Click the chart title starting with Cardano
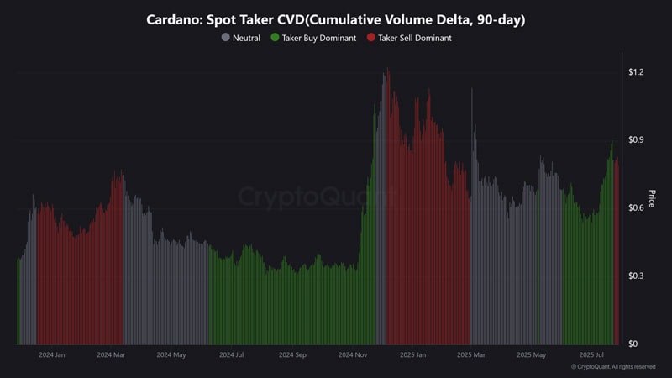[x=335, y=19]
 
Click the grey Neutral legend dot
[x=226, y=38]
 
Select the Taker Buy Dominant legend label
[x=318, y=38]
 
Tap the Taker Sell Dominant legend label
[x=415, y=38]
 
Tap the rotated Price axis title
[x=651, y=199]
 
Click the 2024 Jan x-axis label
[x=52, y=355]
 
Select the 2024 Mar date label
[x=111, y=355]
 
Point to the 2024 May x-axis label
[x=171, y=355]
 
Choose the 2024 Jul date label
[x=231, y=355]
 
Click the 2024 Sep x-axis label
[x=291, y=355]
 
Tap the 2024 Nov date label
[x=352, y=355]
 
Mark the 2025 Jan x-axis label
[x=412, y=355]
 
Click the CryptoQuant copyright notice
[x=613, y=367]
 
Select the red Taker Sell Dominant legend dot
[x=371, y=38]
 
